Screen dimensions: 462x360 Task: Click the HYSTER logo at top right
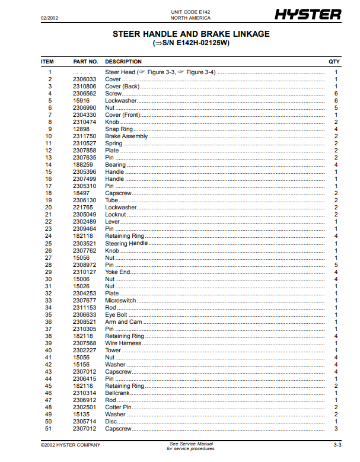(308, 14)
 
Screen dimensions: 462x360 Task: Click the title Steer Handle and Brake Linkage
(191, 34)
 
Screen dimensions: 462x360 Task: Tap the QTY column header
(334, 62)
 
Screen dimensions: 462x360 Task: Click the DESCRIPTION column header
(123, 62)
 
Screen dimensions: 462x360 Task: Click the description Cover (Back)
(122, 86)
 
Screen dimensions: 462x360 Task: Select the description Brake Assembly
(126, 136)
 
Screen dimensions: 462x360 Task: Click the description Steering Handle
(126, 243)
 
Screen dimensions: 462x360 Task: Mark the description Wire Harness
(123, 343)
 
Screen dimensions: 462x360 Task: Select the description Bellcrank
(117, 393)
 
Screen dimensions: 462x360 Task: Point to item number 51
(49, 429)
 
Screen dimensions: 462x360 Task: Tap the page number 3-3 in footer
(336, 445)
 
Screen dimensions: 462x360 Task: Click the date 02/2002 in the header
(49, 18)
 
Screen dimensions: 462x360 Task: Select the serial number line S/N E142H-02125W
(191, 43)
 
